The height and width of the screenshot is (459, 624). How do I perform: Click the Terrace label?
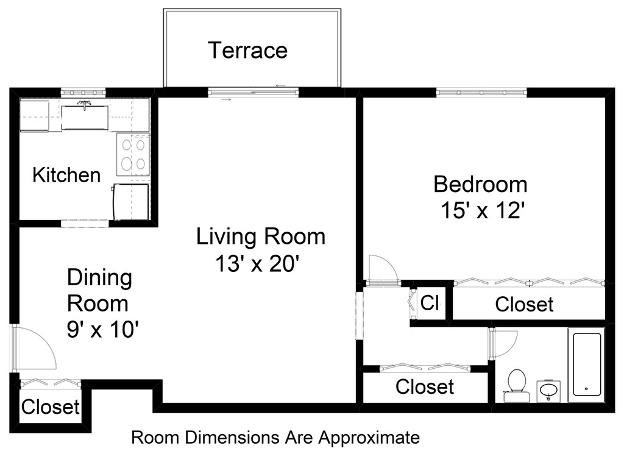247,50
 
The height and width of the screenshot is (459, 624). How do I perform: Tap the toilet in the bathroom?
517,386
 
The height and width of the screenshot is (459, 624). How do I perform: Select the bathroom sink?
549,391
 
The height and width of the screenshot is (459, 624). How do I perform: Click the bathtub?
587,365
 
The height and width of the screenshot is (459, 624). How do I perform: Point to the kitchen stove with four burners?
133,154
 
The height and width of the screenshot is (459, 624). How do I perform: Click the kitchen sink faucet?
84,105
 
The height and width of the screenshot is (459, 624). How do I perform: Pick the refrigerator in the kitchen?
131,202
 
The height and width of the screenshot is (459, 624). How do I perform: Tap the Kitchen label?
66,175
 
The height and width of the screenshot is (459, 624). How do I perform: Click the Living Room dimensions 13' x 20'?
257,263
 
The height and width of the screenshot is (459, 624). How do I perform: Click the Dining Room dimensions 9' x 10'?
102,329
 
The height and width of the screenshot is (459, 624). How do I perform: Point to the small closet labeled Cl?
430,303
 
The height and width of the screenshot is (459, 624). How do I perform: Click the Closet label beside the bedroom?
524,305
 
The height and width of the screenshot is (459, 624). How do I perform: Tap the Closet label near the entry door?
51,407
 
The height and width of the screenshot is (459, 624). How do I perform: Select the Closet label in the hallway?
425,386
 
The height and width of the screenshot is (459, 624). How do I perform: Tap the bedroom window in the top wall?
481,93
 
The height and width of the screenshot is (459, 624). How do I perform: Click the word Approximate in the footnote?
369,438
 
